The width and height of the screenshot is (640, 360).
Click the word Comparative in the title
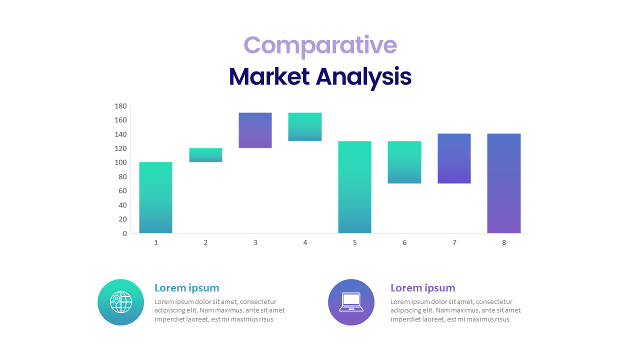pos(320,45)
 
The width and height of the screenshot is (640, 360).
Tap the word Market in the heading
pos(269,77)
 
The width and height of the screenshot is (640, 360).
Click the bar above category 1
pos(155,197)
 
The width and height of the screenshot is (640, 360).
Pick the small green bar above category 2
pos(205,155)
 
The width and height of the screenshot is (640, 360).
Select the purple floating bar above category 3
pos(255,130)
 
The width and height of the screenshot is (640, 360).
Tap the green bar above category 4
pos(305,127)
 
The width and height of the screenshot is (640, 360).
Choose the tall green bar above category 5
pos(354,187)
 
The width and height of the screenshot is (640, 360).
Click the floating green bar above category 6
pos(404,162)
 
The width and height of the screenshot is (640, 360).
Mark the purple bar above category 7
pos(454,158)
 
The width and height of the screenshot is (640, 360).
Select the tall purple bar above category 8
pos(504,183)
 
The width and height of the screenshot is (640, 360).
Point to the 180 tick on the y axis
pos(121,106)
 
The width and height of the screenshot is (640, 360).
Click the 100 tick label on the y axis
pos(121,162)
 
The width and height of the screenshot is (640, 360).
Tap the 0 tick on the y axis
pos(125,233)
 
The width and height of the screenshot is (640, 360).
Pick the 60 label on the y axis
pos(122,191)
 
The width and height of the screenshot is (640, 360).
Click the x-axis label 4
pos(305,243)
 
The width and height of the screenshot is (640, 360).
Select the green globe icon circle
pos(121,302)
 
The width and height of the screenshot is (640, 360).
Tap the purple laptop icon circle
pos(351,302)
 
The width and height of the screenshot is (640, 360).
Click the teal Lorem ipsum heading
pos(187,288)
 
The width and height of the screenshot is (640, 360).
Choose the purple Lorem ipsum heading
pos(423,288)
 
